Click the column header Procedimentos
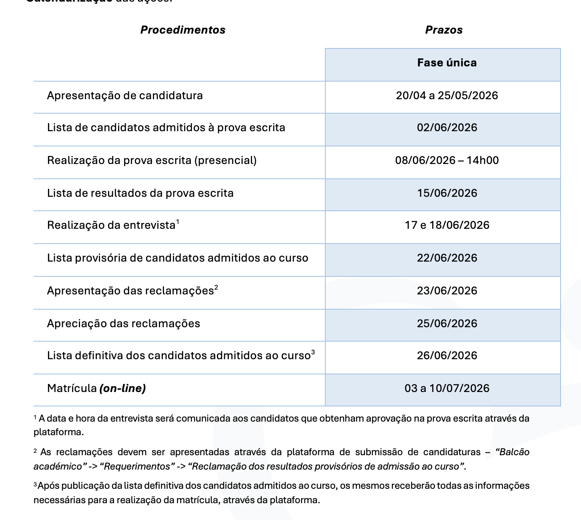(x=183, y=30)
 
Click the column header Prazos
(x=444, y=30)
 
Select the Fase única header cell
(x=447, y=63)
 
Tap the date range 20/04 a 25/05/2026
(x=447, y=96)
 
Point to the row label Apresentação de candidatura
(x=125, y=96)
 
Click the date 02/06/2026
(x=447, y=128)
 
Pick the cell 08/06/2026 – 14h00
(x=447, y=160)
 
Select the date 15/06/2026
(x=447, y=193)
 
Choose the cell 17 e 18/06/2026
(x=447, y=225)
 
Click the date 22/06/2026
(x=447, y=258)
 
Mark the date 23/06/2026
(x=447, y=291)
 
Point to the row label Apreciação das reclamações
(x=123, y=324)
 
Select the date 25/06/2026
(x=447, y=324)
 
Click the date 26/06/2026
(x=447, y=356)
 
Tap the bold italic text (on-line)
(x=122, y=388)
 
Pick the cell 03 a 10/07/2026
(x=447, y=388)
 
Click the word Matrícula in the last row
(x=72, y=388)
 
